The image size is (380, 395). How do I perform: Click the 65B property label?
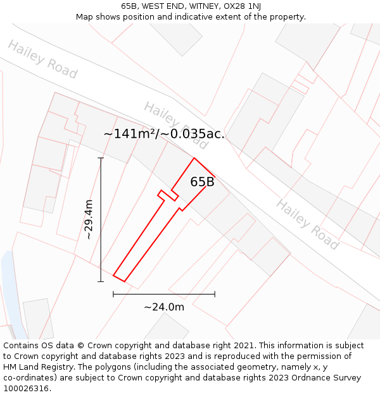click(202, 182)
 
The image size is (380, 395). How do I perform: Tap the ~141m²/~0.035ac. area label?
click(164, 134)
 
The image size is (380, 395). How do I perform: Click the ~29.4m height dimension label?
click(89, 219)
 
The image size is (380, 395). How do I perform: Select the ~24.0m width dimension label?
click(164, 307)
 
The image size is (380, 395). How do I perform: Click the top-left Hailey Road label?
click(42, 59)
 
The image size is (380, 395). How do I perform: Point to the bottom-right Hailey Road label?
click(308, 224)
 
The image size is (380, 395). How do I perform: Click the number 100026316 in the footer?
click(25, 389)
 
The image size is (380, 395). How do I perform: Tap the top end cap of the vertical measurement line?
click(101, 158)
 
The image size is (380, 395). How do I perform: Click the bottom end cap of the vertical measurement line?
click(101, 281)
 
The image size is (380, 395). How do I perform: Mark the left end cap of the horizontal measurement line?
click(113, 294)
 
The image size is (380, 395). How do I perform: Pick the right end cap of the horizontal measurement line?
click(215, 294)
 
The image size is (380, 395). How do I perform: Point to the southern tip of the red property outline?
click(123, 281)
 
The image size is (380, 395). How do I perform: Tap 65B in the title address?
click(129, 6)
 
